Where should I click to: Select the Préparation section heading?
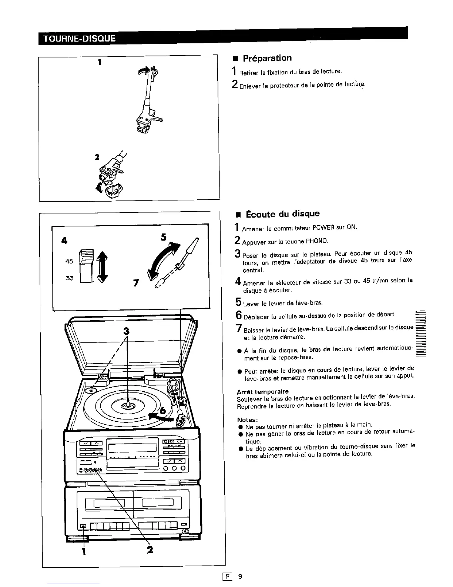[x=267, y=58]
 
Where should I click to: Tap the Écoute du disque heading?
[x=281, y=214]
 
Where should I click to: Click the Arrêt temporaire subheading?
[x=262, y=391]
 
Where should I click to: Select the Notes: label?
[x=247, y=419]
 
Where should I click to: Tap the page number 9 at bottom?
[x=240, y=576]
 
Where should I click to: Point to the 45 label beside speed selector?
[x=69, y=261]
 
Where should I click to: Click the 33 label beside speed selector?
[x=69, y=278]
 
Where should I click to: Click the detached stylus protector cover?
[x=113, y=191]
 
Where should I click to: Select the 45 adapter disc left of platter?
[x=91, y=391]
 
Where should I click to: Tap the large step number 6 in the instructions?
[x=239, y=315]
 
